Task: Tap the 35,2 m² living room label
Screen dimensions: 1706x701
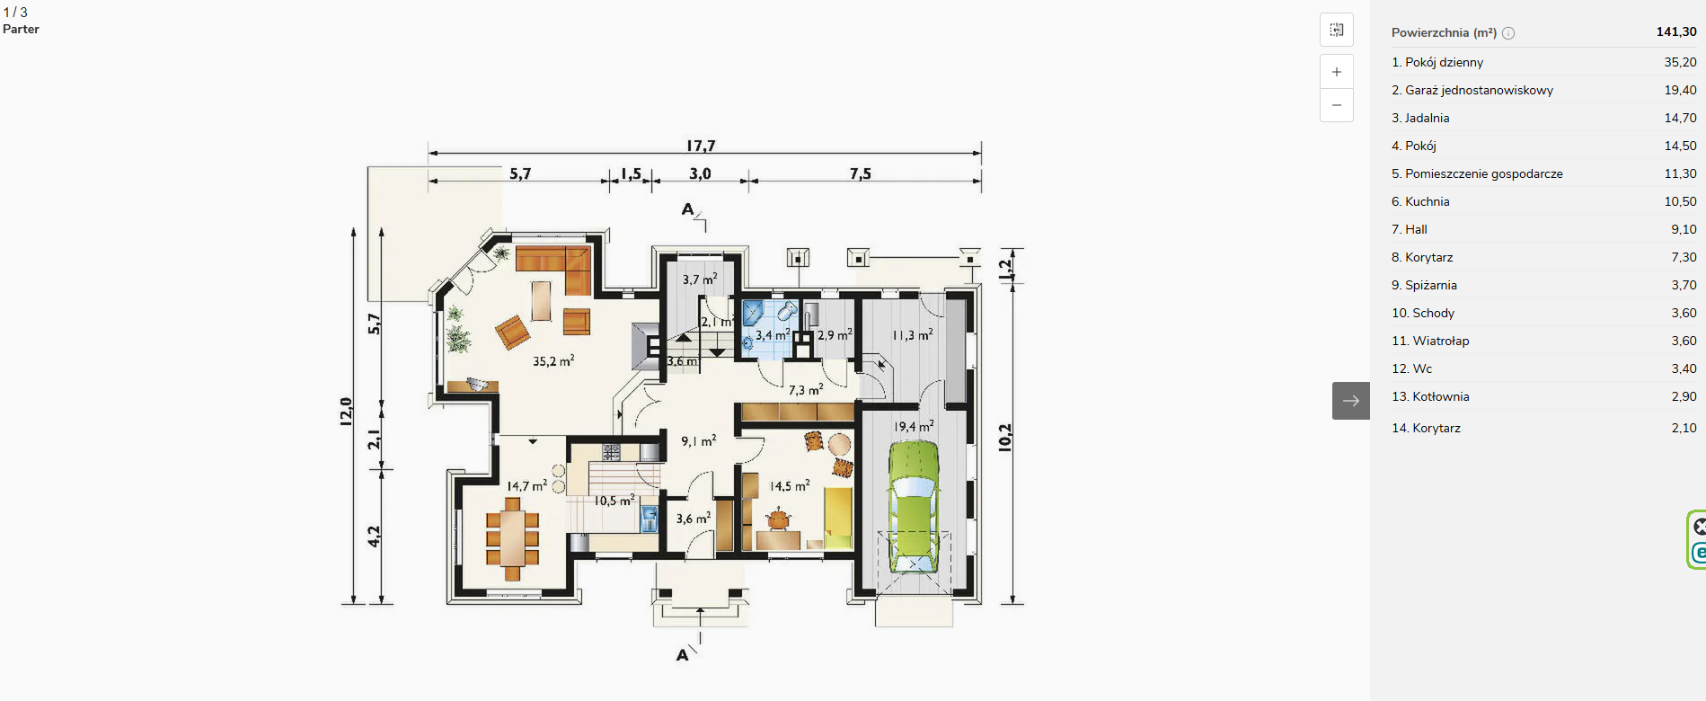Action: click(x=553, y=361)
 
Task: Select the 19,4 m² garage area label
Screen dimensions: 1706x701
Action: click(x=914, y=427)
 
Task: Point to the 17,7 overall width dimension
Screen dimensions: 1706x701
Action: click(x=701, y=146)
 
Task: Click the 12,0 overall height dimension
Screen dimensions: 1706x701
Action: click(x=346, y=411)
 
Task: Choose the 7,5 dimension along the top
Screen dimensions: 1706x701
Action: click(x=860, y=173)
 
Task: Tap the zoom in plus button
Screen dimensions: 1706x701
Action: click(x=1337, y=72)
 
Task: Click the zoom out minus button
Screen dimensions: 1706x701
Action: click(x=1337, y=105)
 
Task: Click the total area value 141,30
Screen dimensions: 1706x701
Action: click(x=1676, y=31)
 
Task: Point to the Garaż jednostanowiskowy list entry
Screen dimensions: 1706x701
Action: click(x=1472, y=90)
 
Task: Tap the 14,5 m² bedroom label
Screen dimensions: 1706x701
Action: click(x=790, y=486)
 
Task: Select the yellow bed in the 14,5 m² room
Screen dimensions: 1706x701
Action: click(x=838, y=518)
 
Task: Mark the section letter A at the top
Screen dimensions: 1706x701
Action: click(x=687, y=209)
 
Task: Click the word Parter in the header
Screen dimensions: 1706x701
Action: click(x=21, y=29)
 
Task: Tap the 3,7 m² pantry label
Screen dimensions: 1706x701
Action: click(x=700, y=280)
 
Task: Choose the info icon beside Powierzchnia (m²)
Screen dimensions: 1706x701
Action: click(x=1508, y=33)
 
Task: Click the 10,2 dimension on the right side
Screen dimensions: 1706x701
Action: click(x=1005, y=438)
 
